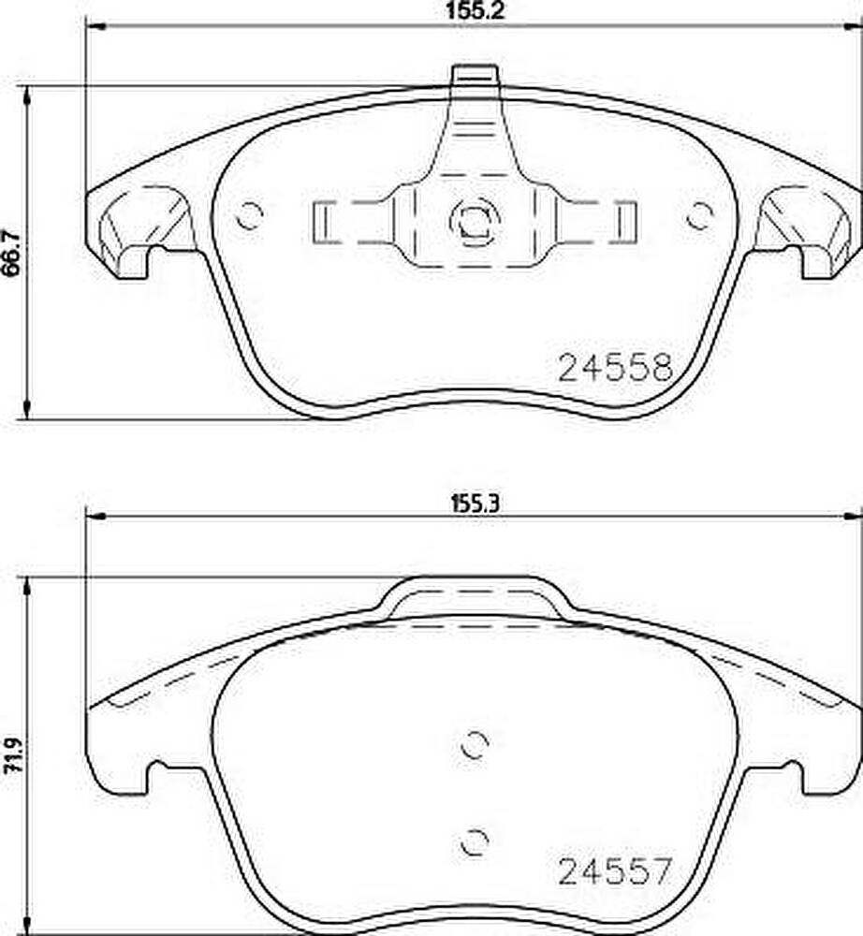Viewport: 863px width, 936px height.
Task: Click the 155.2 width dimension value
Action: tap(475, 11)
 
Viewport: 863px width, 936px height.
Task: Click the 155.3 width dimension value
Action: tap(475, 505)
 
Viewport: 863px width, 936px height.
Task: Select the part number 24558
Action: tap(615, 368)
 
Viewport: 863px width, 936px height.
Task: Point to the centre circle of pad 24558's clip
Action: tap(475, 221)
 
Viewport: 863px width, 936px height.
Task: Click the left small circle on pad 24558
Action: tap(249, 215)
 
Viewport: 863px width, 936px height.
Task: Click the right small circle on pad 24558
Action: tap(699, 215)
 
